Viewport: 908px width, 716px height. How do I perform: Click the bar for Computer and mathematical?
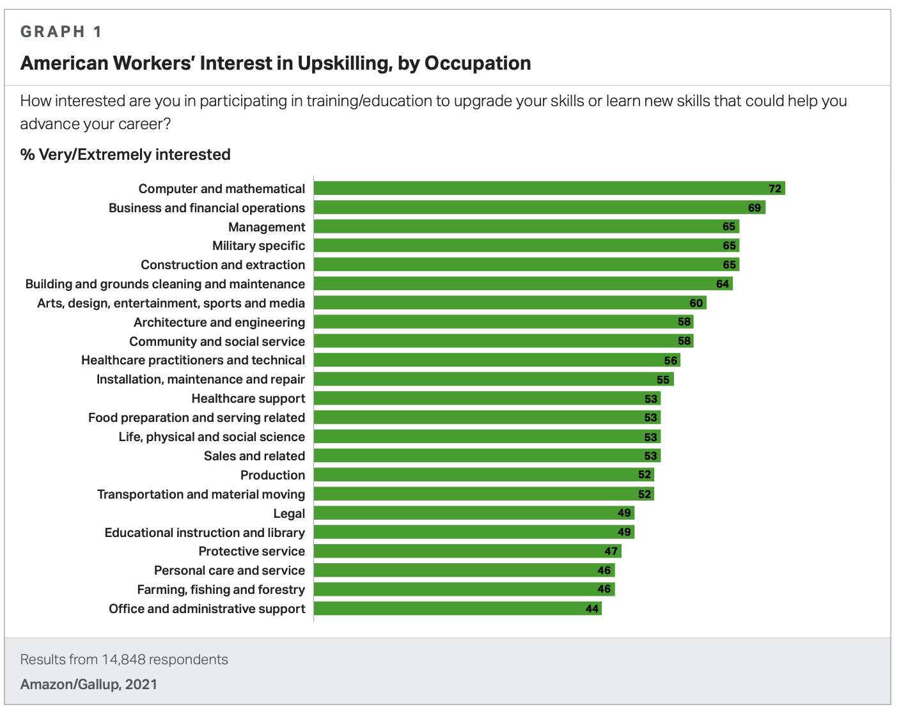click(549, 188)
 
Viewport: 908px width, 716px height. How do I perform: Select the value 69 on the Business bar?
click(755, 208)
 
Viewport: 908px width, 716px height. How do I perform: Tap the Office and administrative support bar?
click(458, 609)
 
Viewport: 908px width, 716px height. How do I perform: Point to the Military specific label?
click(258, 245)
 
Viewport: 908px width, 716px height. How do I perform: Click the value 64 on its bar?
click(723, 284)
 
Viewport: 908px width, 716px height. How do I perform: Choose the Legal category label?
click(289, 513)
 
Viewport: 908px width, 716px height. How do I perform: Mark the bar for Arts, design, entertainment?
click(510, 302)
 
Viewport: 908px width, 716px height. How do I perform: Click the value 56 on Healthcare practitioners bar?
click(671, 361)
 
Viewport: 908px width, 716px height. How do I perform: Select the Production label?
click(272, 475)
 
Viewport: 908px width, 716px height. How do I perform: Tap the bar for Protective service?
click(467, 551)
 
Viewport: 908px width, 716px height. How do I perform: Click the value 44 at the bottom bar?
click(592, 609)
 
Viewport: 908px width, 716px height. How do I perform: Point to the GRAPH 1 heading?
click(61, 31)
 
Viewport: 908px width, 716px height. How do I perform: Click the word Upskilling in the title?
click(343, 63)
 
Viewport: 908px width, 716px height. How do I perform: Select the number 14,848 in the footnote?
click(123, 660)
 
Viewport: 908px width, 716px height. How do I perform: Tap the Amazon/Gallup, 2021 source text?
click(89, 685)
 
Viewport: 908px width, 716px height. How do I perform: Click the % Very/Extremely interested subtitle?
click(125, 155)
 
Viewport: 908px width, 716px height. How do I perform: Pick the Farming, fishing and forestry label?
click(221, 589)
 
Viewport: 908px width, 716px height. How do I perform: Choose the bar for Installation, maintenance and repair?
click(494, 379)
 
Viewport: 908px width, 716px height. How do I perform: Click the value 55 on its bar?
click(663, 380)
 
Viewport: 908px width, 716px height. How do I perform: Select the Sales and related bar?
click(487, 456)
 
